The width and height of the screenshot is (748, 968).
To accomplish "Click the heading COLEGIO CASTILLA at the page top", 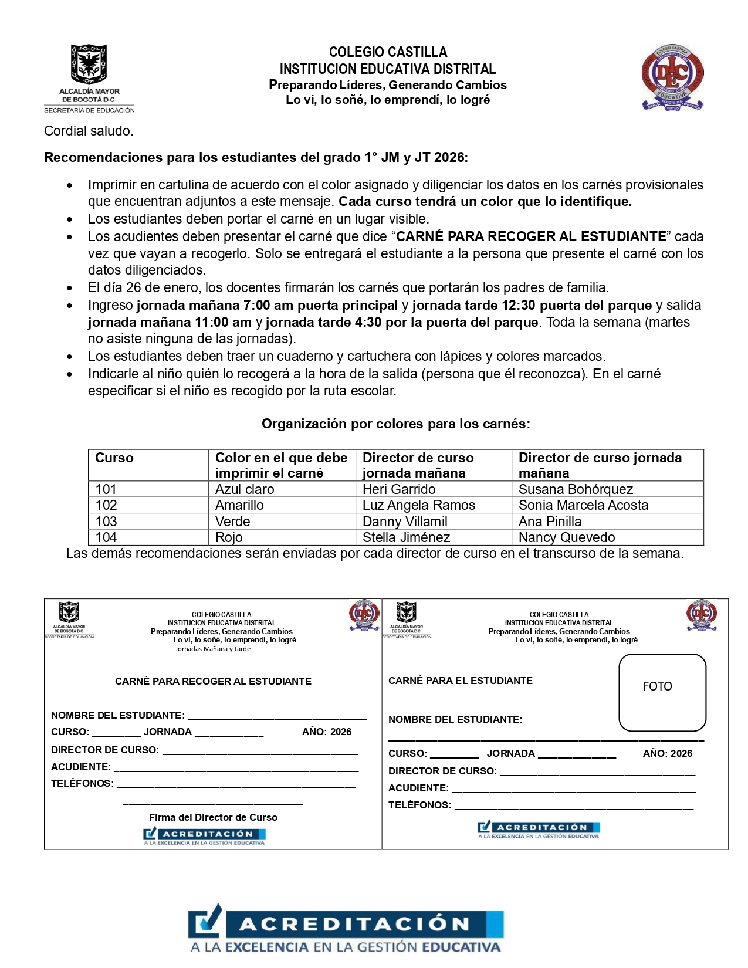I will (388, 52).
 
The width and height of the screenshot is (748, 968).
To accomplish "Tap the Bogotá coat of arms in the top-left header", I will (89, 65).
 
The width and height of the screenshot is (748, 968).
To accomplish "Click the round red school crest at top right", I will (672, 77).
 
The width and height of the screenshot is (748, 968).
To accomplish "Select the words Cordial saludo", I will (89, 131).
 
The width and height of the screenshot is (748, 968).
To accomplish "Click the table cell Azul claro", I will (245, 489).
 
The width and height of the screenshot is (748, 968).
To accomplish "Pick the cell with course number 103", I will (106, 522).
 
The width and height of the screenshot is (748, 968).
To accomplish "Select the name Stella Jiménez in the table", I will (406, 537).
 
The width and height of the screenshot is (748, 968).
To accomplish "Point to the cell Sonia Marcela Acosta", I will (583, 505).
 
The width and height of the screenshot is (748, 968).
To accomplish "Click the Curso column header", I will (114, 458).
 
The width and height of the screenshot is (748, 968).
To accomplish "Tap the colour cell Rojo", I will (229, 537).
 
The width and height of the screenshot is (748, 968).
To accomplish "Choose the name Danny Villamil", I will (405, 522).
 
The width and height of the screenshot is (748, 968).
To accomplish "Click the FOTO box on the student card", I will (662, 692).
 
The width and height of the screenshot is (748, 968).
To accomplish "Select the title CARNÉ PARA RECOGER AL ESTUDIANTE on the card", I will (213, 681).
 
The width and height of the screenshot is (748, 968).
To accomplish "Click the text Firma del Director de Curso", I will (213, 817).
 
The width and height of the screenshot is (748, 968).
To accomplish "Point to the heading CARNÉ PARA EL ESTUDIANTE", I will (461, 681).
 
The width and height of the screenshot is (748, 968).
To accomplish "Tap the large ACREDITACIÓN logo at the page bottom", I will (346, 930).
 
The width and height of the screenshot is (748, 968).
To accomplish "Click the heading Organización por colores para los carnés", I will (395, 424).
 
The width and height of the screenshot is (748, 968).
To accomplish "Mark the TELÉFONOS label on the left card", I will (82, 784).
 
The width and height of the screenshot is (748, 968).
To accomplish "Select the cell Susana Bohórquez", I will (576, 489).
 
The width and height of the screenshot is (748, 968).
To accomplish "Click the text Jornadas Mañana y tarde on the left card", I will (212, 649).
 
